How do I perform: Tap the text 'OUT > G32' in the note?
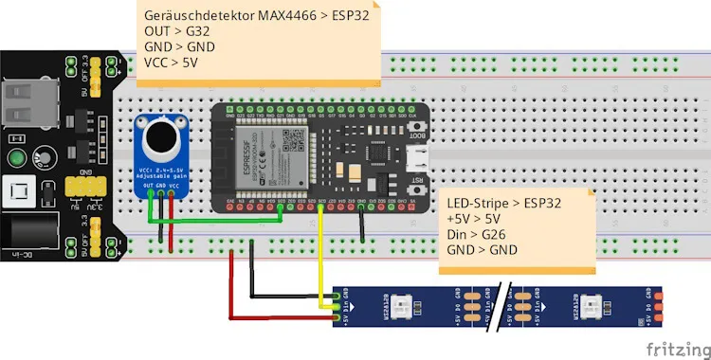pyautogui.click(x=175, y=31)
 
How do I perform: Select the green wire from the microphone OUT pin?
pyautogui.click(x=218, y=222)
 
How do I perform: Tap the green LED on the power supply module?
pyautogui.click(x=16, y=157)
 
